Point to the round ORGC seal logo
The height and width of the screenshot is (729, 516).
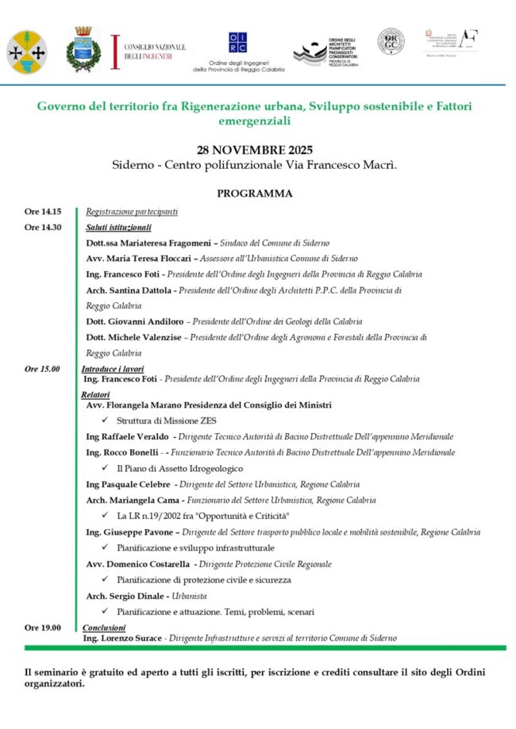click(391, 41)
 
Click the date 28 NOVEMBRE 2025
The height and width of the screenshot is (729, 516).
click(255, 150)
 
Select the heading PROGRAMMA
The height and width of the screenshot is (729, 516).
click(255, 194)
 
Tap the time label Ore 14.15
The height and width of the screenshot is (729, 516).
click(42, 212)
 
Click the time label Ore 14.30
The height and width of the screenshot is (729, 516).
click(42, 228)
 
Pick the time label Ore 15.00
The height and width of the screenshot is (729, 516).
click(42, 369)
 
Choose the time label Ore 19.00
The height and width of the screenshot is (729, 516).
click(42, 627)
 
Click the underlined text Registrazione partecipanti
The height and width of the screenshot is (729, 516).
click(132, 212)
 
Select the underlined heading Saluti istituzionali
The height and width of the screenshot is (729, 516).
click(118, 228)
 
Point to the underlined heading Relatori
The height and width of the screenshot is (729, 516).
click(95, 394)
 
